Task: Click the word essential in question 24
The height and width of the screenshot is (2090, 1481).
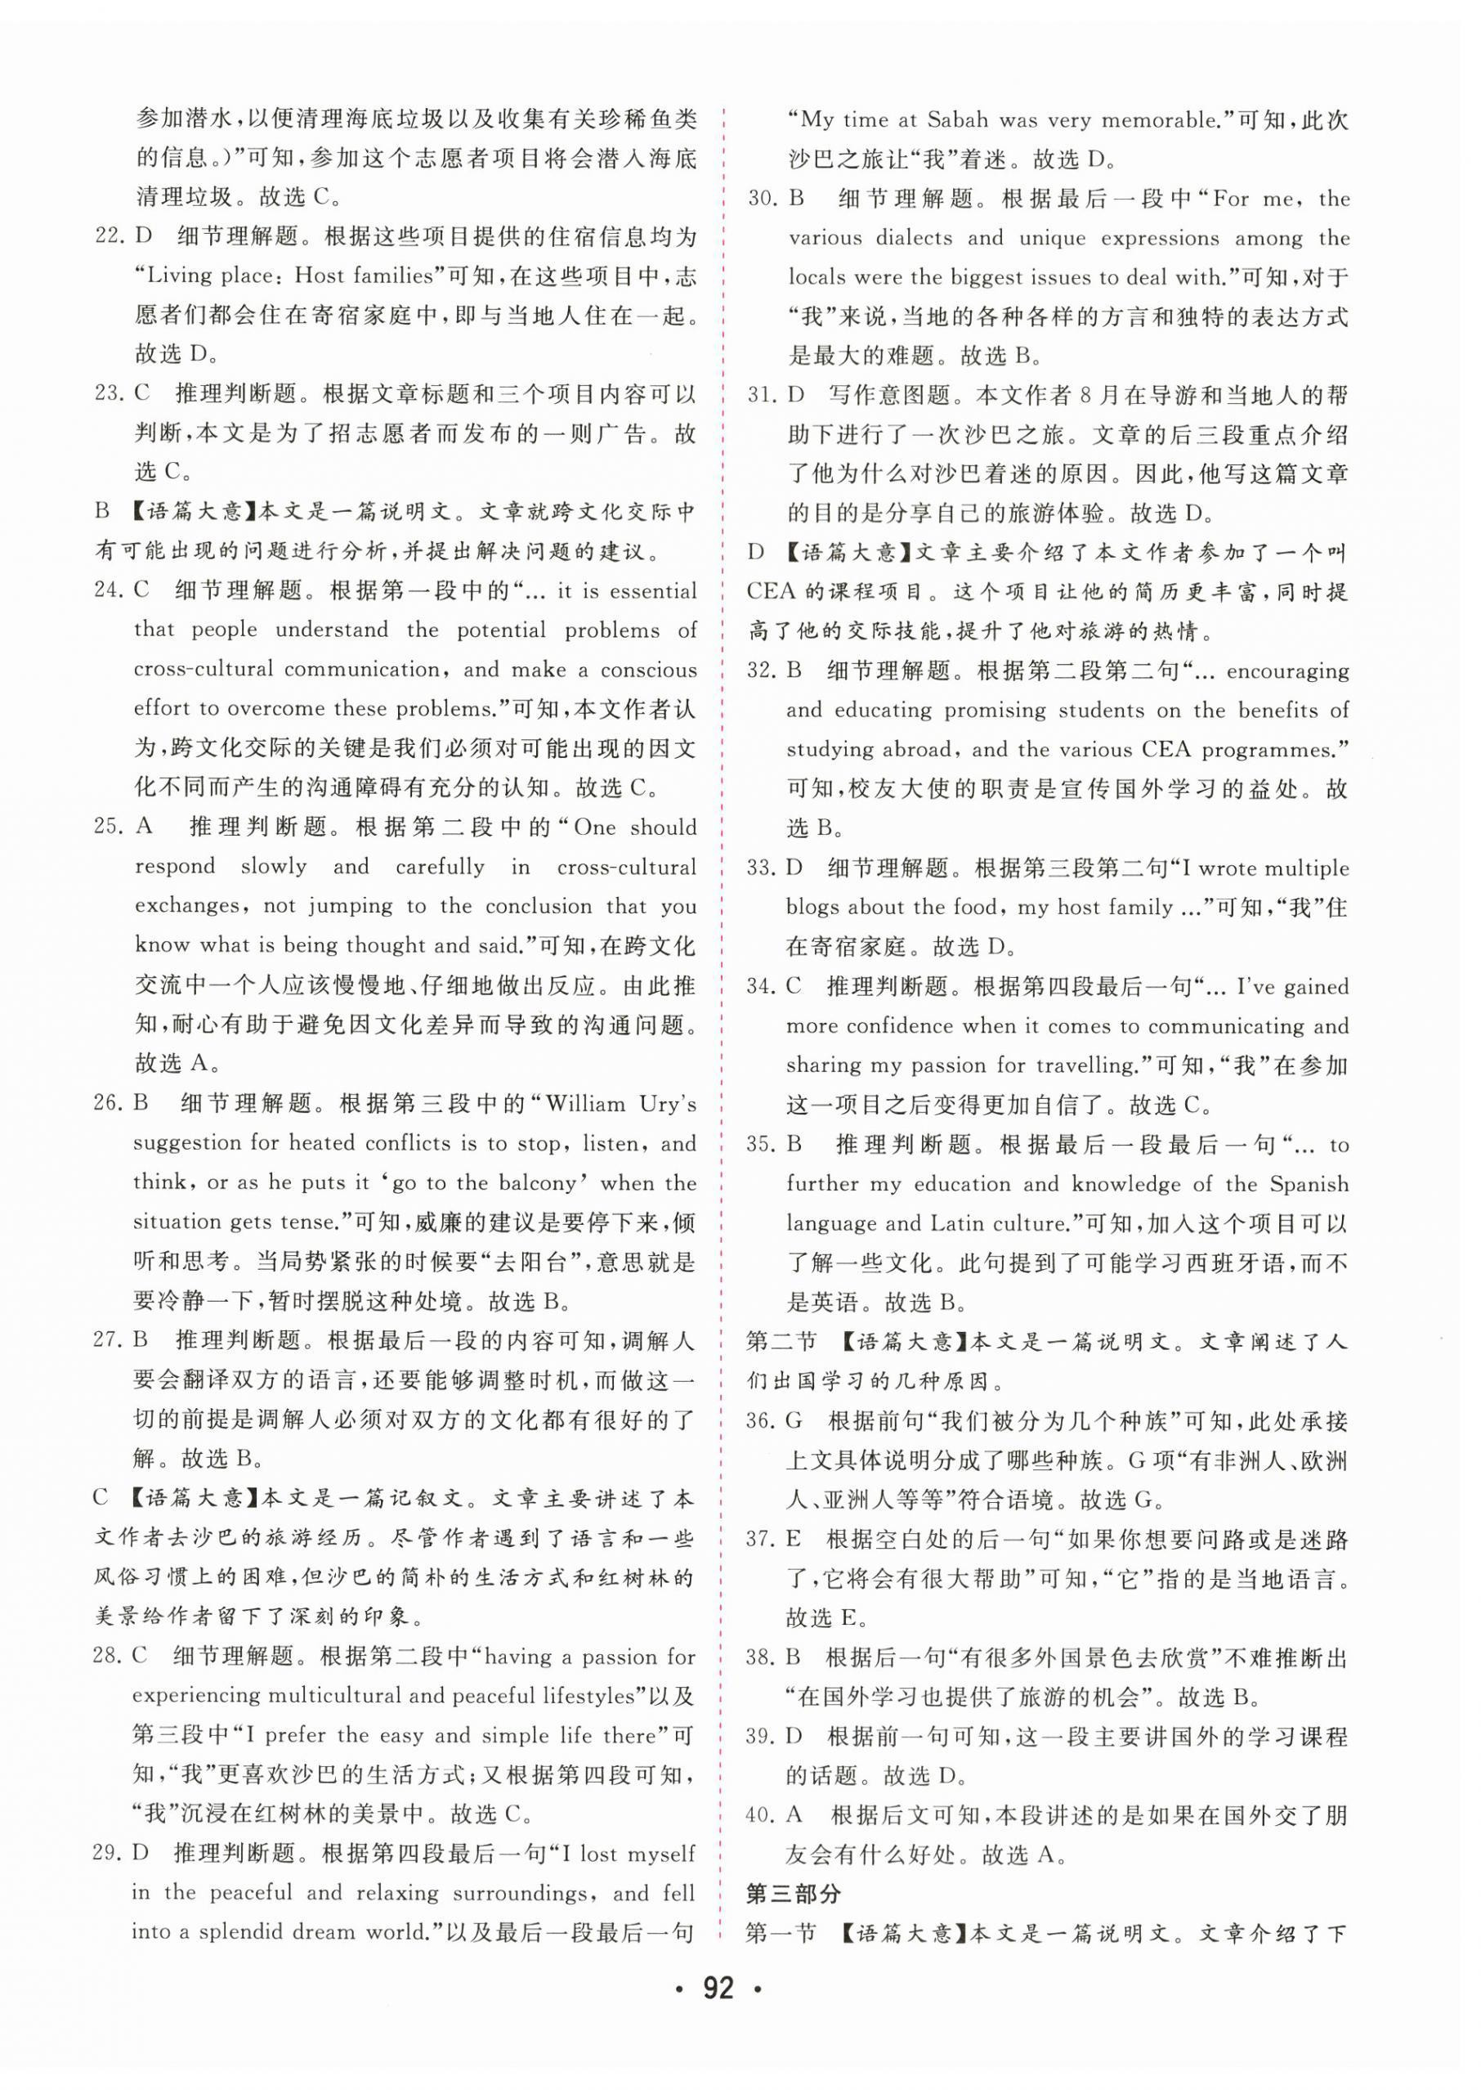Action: pyautogui.click(x=653, y=591)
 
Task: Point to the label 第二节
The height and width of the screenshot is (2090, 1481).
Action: pyautogui.click(x=780, y=1342)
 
